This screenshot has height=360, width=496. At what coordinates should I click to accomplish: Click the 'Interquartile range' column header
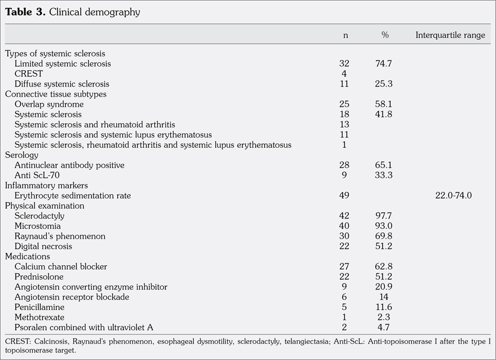450,35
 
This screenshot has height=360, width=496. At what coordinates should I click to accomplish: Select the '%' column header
385,35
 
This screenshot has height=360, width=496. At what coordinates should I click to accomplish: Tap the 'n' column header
346,35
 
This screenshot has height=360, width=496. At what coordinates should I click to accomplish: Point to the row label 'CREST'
29,74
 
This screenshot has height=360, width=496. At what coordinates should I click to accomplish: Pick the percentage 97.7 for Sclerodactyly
383,216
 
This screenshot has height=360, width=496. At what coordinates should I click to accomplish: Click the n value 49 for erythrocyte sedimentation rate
344,196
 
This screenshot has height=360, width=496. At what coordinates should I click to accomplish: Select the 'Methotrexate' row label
40,318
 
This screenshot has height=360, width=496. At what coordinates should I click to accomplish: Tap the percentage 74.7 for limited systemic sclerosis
383,64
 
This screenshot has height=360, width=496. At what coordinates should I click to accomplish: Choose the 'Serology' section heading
21,155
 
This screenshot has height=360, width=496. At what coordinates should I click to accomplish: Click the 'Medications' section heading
28,256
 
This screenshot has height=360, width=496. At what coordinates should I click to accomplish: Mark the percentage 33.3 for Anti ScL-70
383,175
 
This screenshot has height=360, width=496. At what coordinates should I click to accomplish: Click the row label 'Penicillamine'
40,307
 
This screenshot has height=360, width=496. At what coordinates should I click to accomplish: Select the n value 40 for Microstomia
344,226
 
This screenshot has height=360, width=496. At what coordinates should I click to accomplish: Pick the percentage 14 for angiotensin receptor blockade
384,297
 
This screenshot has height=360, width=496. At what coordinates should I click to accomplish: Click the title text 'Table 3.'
25,12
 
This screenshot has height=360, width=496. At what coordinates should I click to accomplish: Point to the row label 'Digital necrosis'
44,246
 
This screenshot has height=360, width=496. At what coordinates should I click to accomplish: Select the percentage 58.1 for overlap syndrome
383,104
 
